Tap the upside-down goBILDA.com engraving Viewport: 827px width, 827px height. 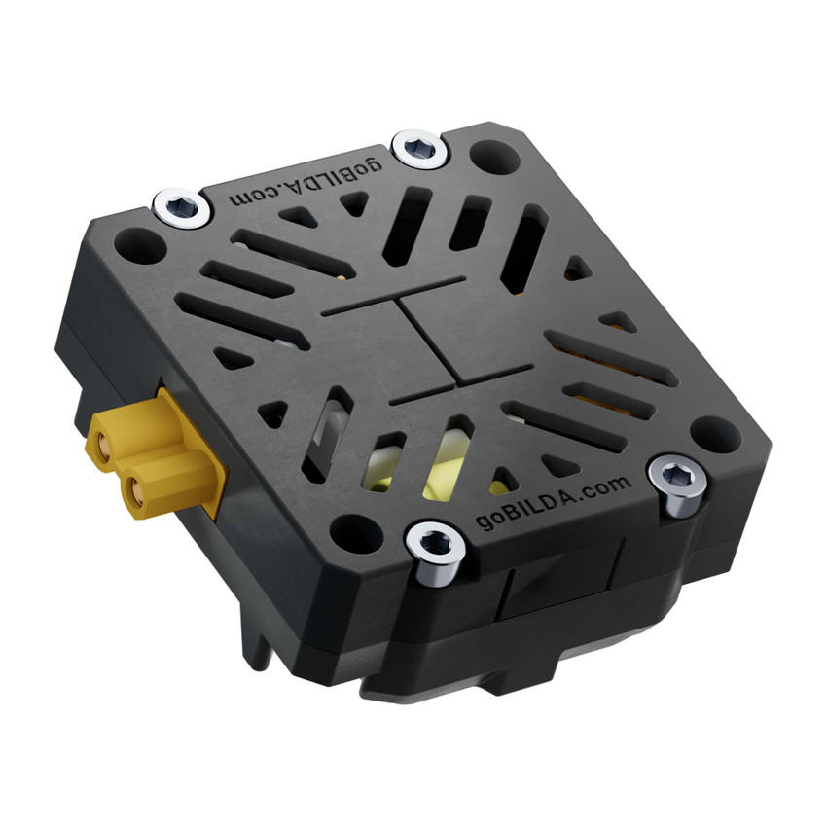[x=306, y=191]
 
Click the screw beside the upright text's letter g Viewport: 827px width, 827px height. [x=431, y=550]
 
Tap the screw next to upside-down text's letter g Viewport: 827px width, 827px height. [x=421, y=148]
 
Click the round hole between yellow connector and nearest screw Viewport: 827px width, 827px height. [x=347, y=530]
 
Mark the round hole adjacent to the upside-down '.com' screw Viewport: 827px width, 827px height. [x=141, y=244]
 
